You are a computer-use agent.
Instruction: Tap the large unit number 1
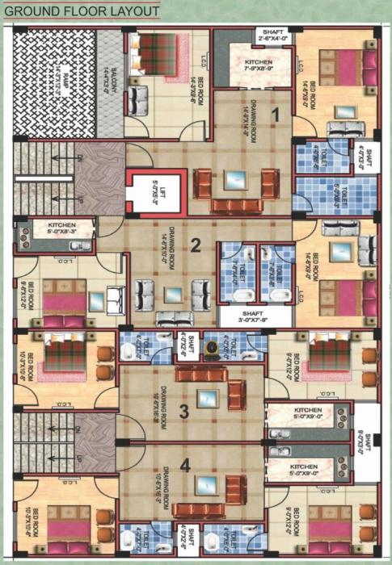275,115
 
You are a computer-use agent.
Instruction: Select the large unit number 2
195,246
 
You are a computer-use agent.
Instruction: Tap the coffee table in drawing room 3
209,398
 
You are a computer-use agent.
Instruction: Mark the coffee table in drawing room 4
206,484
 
